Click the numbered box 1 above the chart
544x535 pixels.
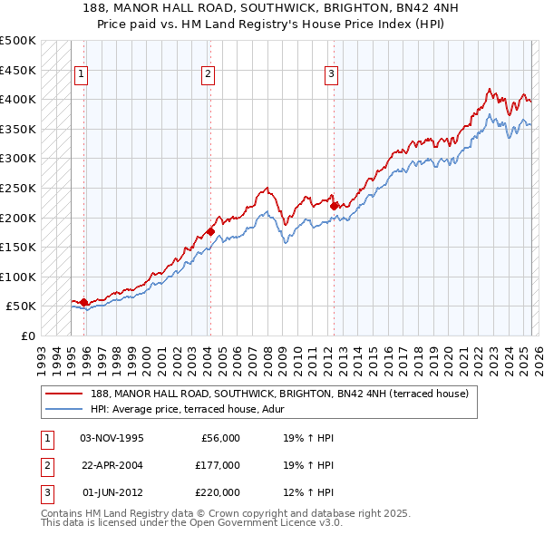click(x=82, y=74)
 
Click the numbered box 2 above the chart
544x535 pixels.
click(x=208, y=74)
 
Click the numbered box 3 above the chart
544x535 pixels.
click(x=331, y=74)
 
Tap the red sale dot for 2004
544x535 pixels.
click(x=210, y=231)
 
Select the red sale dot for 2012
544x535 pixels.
click(x=334, y=206)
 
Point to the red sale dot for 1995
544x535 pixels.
click(x=83, y=302)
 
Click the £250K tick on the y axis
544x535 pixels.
click(x=18, y=188)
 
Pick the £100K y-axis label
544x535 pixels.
click(x=18, y=277)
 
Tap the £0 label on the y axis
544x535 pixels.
click(x=26, y=336)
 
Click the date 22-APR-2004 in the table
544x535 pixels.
click(x=112, y=465)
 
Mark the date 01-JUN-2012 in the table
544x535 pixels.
click(x=112, y=492)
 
